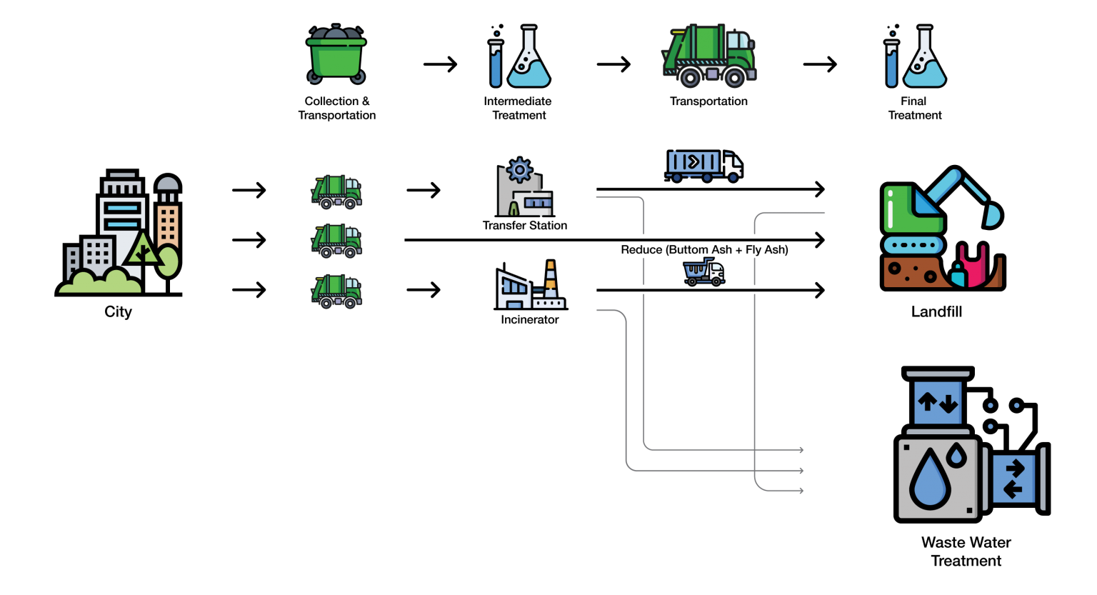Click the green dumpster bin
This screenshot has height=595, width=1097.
tap(336, 56)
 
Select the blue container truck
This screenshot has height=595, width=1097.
tap(703, 164)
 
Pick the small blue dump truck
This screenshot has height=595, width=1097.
tap(703, 272)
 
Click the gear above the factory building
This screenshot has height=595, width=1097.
tap(519, 170)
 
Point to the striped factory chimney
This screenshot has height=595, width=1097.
tap(551, 279)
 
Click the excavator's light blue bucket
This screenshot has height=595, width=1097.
tap(993, 214)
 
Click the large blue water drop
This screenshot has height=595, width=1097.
tap(930, 478)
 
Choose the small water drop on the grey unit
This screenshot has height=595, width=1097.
tap(956, 454)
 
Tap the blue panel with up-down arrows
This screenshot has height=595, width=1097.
tap(938, 403)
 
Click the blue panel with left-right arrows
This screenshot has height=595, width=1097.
tap(1013, 479)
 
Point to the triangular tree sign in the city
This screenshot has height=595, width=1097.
tap(142, 249)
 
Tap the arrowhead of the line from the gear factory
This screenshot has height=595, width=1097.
tap(801, 450)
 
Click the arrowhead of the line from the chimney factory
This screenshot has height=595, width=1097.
tap(801, 471)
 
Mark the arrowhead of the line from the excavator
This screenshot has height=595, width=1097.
tap(801, 491)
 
